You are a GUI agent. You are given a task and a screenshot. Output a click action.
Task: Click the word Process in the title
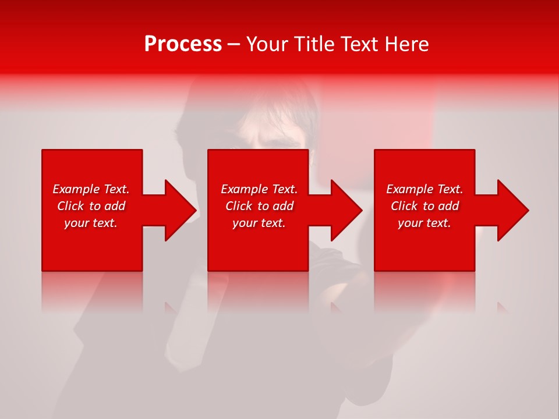tap(183, 44)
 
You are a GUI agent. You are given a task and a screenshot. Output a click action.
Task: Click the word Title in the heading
tap(314, 44)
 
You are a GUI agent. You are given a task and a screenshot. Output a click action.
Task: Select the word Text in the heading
tap(360, 44)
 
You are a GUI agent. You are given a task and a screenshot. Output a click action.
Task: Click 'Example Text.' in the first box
tap(91, 189)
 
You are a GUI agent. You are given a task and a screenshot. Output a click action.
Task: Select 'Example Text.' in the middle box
tap(259, 189)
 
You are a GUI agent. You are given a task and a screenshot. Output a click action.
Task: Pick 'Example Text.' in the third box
tap(424, 189)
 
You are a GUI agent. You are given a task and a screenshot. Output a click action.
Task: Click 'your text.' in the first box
tap(91, 223)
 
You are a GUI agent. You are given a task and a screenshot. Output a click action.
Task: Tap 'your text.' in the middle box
tap(259, 223)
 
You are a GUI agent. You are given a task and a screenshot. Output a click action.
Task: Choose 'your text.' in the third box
tap(424, 223)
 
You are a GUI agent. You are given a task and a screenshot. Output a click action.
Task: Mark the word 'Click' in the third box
tap(405, 206)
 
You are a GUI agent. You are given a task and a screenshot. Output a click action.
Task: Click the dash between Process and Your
tap(234, 45)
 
